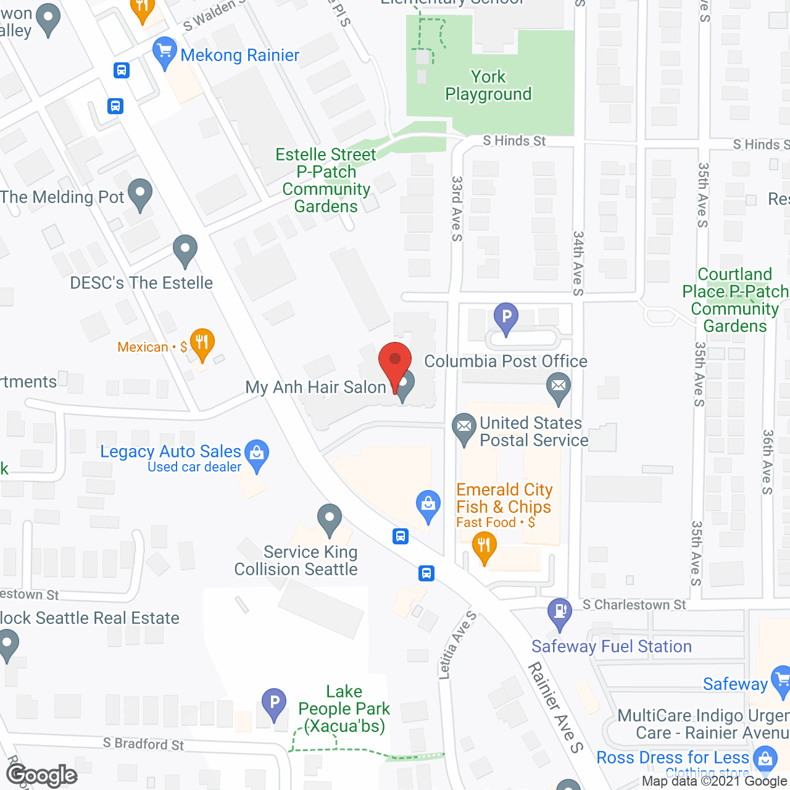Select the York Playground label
(x=488, y=85)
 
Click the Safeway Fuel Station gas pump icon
(x=560, y=612)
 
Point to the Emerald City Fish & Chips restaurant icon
(x=484, y=547)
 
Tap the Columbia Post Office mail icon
(x=559, y=387)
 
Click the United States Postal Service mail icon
(x=464, y=426)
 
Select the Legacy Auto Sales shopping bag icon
(x=257, y=454)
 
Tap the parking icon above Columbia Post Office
(x=506, y=318)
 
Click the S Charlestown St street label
(x=634, y=605)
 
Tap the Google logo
(x=42, y=775)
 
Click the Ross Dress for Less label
(x=672, y=757)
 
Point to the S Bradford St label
(x=143, y=744)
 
